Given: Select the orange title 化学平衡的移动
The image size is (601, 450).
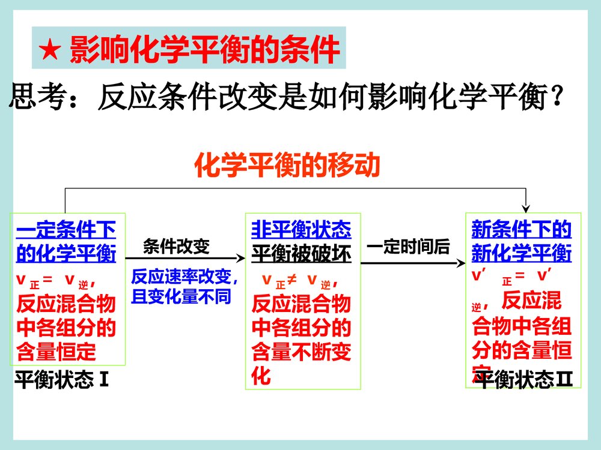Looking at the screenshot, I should (x=287, y=166).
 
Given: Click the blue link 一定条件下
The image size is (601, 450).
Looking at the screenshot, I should (x=66, y=229).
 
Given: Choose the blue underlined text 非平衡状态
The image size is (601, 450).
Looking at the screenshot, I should (x=301, y=229).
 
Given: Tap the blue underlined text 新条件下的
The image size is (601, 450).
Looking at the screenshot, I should (x=521, y=229).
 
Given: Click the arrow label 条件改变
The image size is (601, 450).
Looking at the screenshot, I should (x=176, y=247).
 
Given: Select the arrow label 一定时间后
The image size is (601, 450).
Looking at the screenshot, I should (x=408, y=247).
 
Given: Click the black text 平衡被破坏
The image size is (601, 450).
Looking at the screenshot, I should (x=301, y=253).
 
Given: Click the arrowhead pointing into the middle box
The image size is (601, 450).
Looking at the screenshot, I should (x=242, y=258).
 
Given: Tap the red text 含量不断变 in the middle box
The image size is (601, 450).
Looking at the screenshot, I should (x=301, y=352).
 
